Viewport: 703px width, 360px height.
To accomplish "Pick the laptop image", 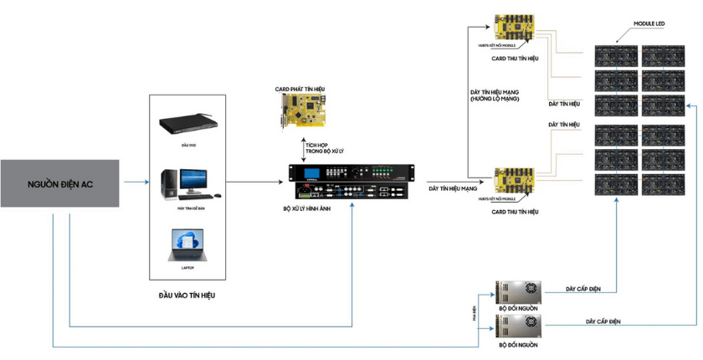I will click(187, 246).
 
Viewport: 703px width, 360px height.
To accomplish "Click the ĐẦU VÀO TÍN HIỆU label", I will click(187, 295).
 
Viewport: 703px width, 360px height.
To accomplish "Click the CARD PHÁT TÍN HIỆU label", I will click(302, 89).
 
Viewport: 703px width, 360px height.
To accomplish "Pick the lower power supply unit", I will click(518, 327).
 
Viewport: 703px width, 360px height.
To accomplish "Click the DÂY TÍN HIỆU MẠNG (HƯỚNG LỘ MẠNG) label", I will click(495, 95).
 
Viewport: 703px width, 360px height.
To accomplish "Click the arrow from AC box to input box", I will click(134, 183).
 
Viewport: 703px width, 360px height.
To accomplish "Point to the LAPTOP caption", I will click(187, 268).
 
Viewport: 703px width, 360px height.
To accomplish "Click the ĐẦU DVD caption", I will click(187, 145).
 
